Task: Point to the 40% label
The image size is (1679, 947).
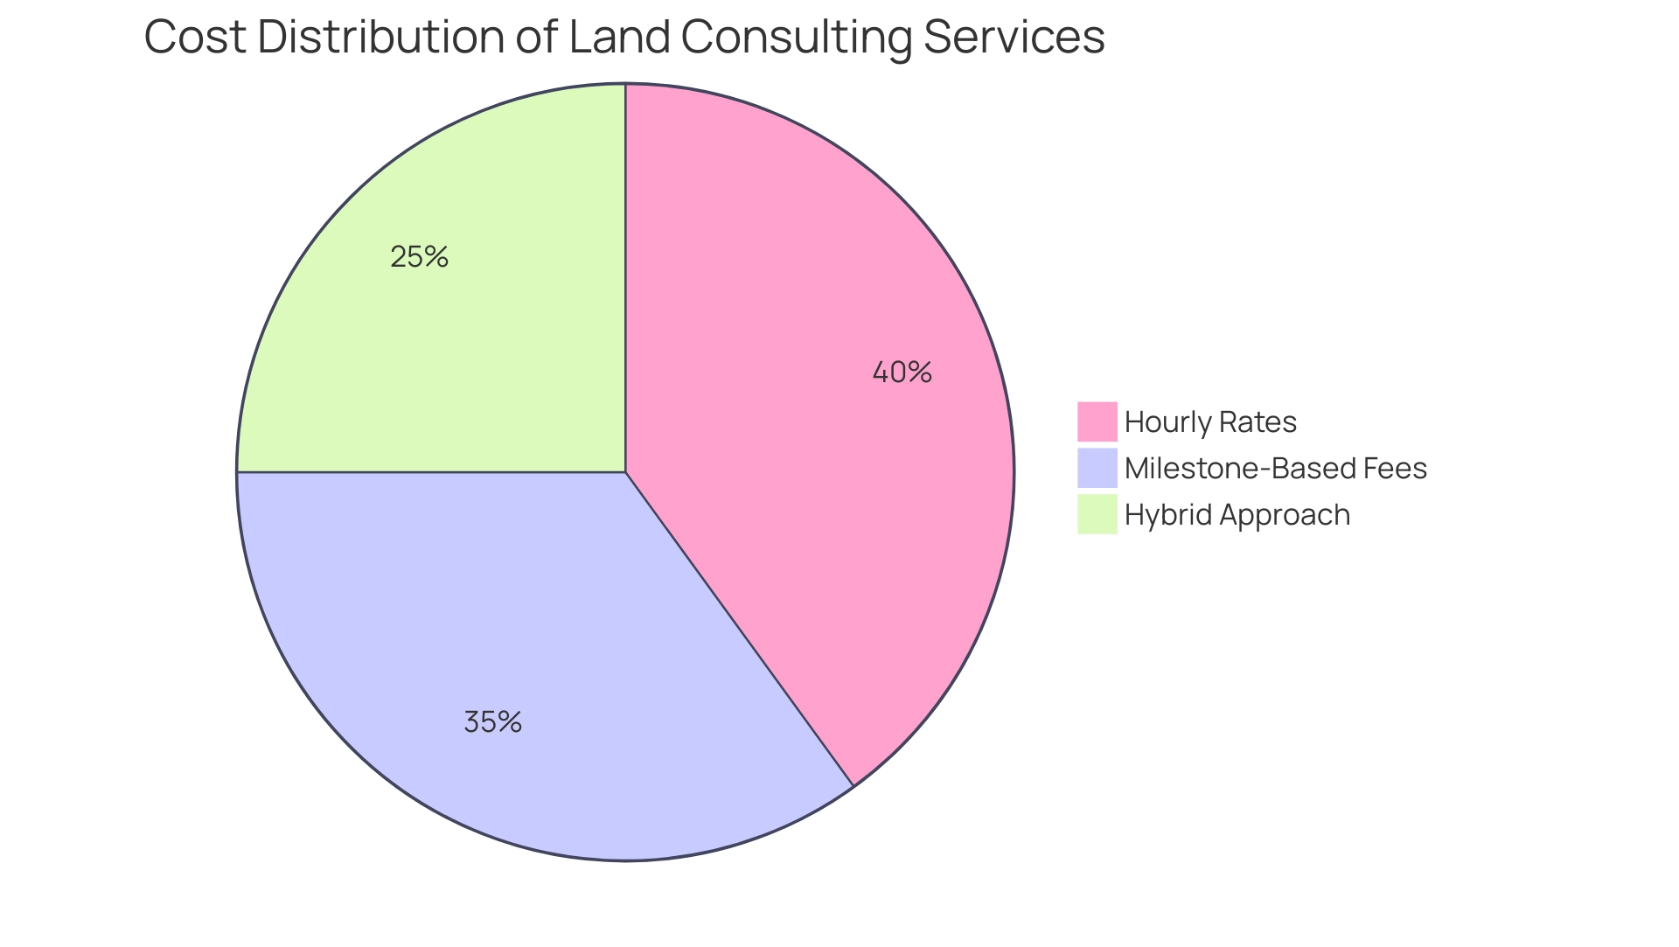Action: [x=902, y=373]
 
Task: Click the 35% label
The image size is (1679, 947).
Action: [x=492, y=722]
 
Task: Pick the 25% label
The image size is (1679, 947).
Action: [x=419, y=257]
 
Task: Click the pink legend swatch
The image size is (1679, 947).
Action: [x=1097, y=421]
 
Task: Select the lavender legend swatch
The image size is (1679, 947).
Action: [x=1097, y=468]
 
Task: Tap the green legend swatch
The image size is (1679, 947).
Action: [x=1097, y=514]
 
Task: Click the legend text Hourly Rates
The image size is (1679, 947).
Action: [x=1210, y=422]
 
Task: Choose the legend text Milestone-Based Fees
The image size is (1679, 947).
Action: [x=1275, y=469]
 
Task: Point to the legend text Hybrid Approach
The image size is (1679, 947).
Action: [x=1237, y=515]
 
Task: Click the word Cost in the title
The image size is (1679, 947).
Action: [x=194, y=38]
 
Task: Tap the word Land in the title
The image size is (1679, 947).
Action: [x=619, y=38]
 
